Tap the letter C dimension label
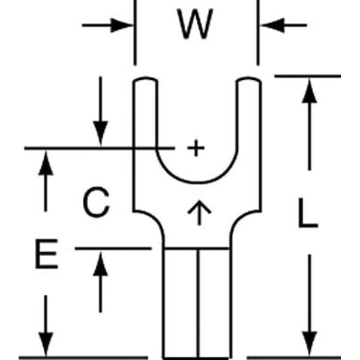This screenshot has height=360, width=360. coord(96,203)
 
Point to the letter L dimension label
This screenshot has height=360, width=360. coord(308,213)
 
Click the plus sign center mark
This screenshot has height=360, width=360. coord(196,148)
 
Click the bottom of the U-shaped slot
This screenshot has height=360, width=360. coord(196,182)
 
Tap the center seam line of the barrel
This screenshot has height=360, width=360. coord(197,300)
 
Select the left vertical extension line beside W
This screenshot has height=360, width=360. coord(135,36)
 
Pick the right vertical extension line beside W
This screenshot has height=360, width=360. coord(258,36)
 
